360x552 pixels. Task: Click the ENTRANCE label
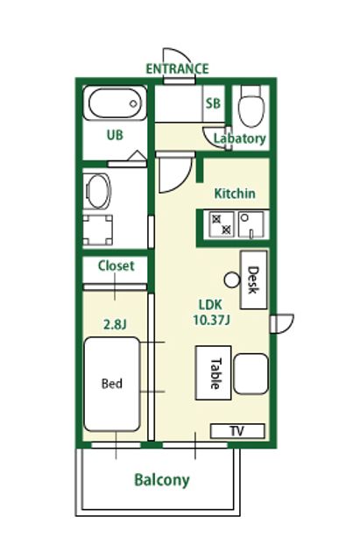[177, 68]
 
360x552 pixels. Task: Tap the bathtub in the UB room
[115, 103]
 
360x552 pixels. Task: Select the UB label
[115, 135]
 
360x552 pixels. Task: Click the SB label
[213, 103]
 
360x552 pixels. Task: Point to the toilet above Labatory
[251, 106]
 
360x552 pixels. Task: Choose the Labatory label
[240, 138]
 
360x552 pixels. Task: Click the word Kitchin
[235, 194]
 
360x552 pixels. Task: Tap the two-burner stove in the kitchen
[222, 224]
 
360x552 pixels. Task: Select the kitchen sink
[251, 224]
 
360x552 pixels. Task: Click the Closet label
[116, 265]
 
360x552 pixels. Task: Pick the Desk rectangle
[253, 280]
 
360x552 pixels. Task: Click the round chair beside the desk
[232, 280]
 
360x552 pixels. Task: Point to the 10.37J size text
[211, 320]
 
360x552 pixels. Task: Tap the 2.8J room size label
[115, 324]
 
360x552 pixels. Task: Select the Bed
[112, 384]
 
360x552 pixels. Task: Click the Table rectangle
[213, 372]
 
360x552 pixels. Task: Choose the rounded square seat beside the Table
[251, 374]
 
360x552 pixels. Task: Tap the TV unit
[237, 431]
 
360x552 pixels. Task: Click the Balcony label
[162, 480]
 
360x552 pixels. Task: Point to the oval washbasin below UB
[98, 191]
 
